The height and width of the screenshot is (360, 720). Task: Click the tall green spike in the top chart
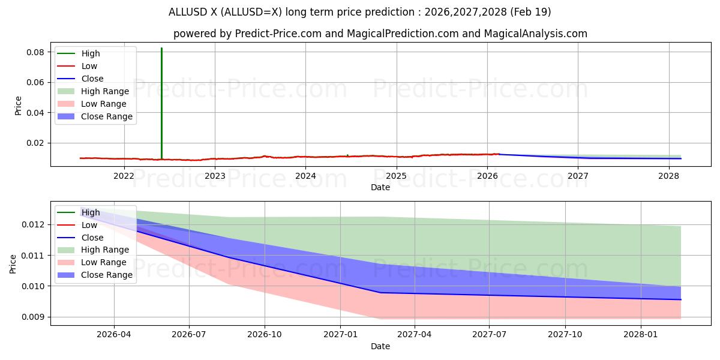[161, 102]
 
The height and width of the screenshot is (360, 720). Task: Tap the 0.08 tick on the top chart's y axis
[35, 52]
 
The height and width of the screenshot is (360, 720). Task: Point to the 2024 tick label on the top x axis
[305, 176]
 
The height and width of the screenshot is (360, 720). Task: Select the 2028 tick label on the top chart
[668, 176]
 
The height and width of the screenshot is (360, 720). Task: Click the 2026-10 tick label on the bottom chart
[265, 335]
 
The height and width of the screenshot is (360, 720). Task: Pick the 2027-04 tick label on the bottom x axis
[415, 335]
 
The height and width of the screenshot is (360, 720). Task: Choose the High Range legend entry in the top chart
[105, 91]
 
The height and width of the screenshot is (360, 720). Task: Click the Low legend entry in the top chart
[89, 66]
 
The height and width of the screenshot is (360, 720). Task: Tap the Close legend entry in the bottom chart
[92, 238]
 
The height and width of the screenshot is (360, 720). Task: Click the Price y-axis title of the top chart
[18, 106]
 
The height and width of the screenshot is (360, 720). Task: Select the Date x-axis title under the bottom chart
[380, 346]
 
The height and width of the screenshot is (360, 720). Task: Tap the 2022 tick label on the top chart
[124, 176]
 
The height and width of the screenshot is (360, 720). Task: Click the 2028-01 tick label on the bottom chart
[641, 335]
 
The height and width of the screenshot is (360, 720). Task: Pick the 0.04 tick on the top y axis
[35, 113]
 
